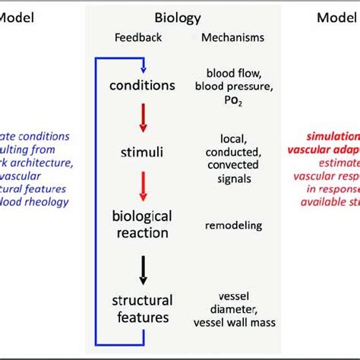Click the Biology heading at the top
pyautogui.click(x=178, y=16)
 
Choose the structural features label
pyautogui.click(x=143, y=308)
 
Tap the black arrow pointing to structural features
pyautogui.click(x=143, y=270)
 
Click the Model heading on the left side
pyautogui.click(x=21, y=16)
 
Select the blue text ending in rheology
pyautogui.click(x=38, y=201)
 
